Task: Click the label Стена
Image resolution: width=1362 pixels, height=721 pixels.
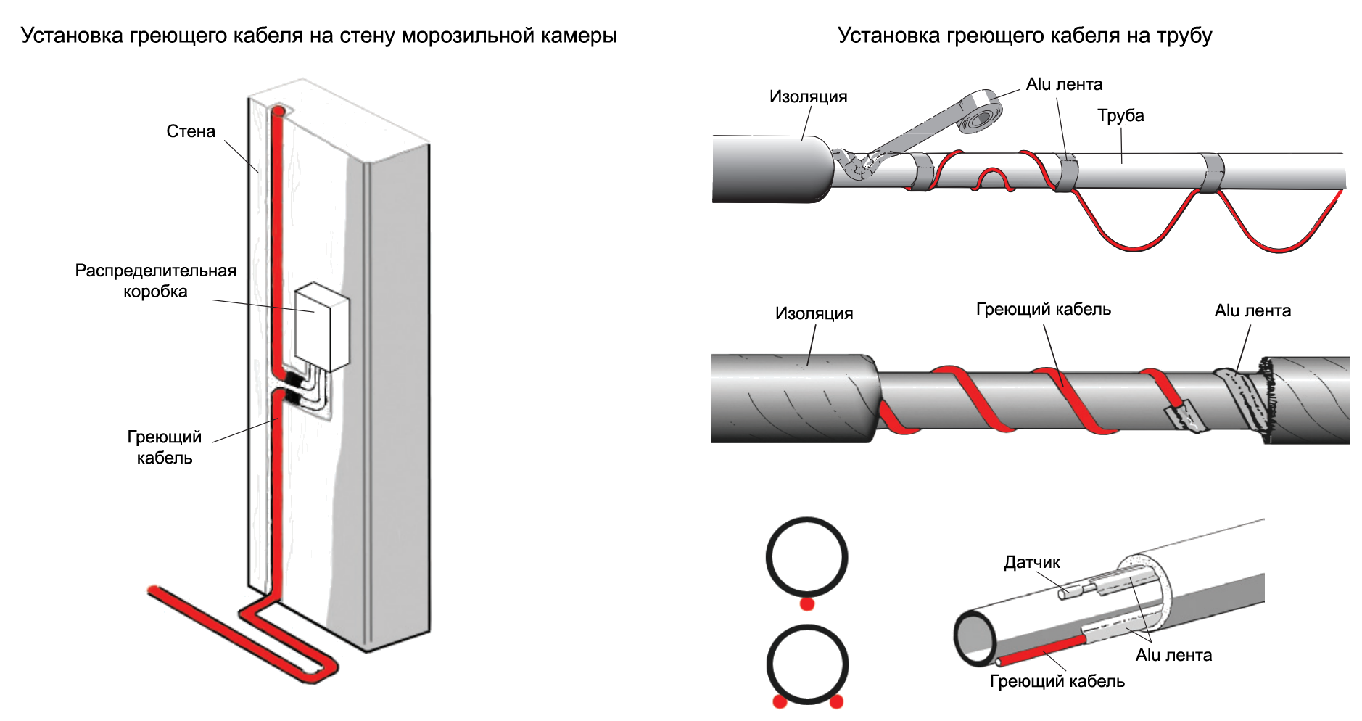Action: [x=191, y=131]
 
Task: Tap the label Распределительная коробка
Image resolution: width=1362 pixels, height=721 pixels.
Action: [x=155, y=281]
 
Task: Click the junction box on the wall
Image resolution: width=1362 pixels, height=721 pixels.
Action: [x=321, y=326]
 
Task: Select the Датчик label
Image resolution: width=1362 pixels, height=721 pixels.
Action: [x=1031, y=562]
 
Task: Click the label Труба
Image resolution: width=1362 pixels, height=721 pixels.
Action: [x=1120, y=115]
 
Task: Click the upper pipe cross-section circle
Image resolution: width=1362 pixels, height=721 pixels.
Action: [x=806, y=558]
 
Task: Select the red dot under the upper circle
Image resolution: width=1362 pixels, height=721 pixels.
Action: [x=806, y=603]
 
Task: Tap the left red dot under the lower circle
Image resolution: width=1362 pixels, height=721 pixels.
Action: [x=780, y=701]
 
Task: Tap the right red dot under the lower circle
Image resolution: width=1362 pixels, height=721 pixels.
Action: [x=836, y=701]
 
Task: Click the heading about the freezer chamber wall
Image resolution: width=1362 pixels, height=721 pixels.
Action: [x=319, y=36]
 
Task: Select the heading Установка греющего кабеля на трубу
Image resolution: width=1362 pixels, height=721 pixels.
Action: [x=1025, y=36]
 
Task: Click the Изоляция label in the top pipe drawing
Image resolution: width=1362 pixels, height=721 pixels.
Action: [x=808, y=96]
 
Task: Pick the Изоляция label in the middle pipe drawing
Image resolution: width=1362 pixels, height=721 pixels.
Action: [x=814, y=313]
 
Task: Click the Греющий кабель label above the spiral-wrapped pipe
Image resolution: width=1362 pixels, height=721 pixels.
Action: [x=1043, y=309]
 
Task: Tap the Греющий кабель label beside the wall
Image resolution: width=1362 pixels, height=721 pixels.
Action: [x=165, y=447]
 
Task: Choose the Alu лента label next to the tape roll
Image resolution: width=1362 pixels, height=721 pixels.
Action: [x=1064, y=84]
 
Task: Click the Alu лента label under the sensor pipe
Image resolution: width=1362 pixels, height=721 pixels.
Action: [x=1173, y=655]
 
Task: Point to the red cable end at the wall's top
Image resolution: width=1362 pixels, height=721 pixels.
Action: [x=278, y=112]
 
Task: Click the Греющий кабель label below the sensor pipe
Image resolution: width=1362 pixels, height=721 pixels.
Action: [x=1057, y=681]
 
